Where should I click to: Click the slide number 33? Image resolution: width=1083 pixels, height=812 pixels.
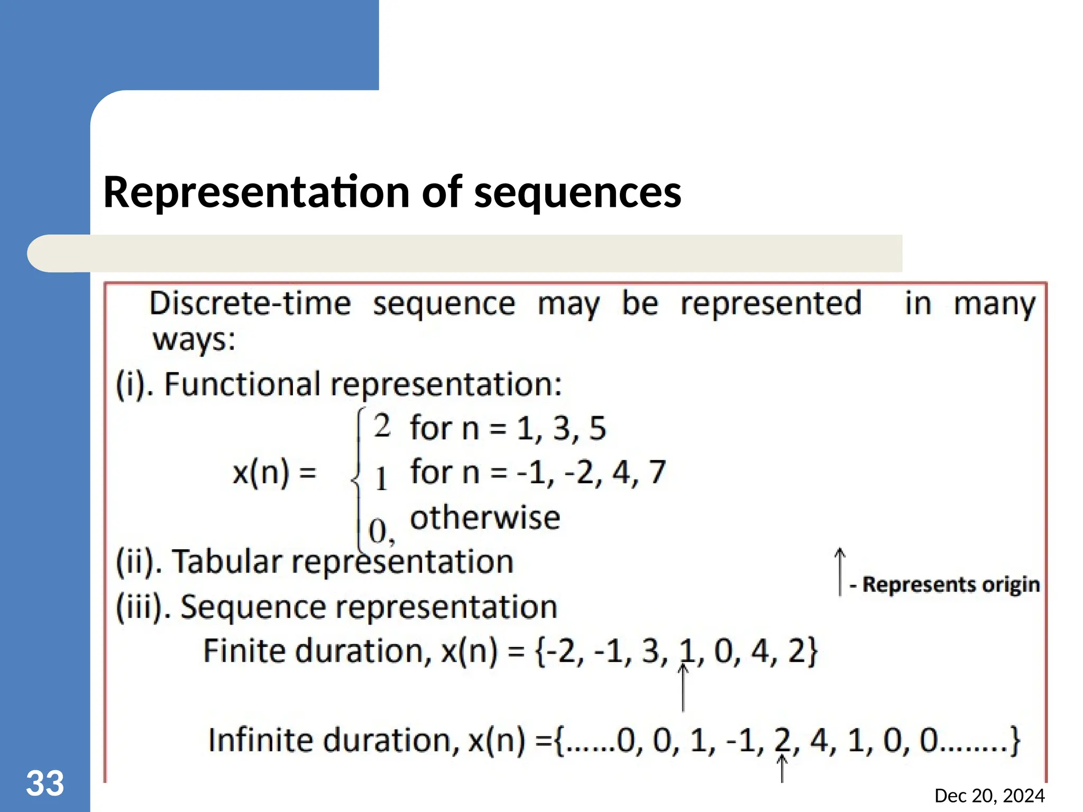point(45,783)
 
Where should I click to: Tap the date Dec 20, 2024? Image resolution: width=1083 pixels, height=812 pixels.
point(989,796)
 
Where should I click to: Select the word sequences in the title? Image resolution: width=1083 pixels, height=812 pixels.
point(577,192)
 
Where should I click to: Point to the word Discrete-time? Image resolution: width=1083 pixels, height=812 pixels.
point(250,304)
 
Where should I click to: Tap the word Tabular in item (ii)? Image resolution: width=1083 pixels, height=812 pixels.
point(227,561)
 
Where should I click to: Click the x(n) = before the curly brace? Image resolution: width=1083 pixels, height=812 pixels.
point(274,472)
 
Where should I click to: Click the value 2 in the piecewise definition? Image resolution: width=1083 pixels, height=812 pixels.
point(382,426)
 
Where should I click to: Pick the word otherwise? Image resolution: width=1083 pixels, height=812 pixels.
point(485,518)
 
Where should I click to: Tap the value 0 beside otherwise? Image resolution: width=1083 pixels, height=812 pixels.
point(378,531)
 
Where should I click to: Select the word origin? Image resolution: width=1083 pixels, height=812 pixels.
point(1011,585)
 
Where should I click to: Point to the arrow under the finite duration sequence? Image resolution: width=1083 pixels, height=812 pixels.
point(683,687)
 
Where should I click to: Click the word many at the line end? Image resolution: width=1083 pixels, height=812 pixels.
point(994,304)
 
